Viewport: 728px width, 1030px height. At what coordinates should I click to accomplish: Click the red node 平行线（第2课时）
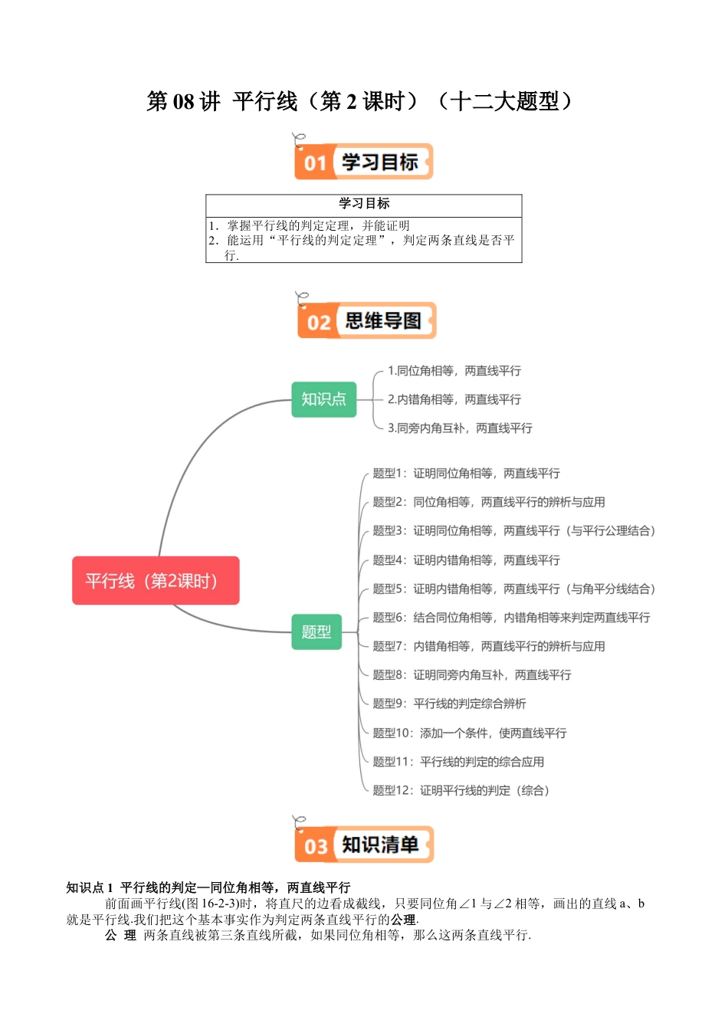(156, 581)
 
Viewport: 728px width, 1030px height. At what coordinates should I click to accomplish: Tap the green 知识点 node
(323, 399)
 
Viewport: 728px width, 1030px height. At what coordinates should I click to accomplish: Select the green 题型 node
(316, 631)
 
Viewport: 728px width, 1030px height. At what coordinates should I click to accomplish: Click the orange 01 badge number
(315, 163)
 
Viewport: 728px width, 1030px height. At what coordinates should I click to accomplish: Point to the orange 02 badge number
(318, 323)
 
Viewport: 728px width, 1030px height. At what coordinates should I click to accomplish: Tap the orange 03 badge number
(316, 847)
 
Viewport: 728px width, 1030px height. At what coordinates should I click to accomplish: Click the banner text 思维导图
(383, 321)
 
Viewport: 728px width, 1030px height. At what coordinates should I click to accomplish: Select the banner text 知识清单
(380, 845)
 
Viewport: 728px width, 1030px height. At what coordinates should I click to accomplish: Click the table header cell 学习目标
(364, 204)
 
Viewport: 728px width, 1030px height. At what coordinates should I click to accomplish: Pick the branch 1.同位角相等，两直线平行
(454, 371)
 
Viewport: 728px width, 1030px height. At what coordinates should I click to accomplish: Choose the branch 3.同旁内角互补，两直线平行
(460, 428)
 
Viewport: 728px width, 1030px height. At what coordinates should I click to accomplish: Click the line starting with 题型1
(466, 474)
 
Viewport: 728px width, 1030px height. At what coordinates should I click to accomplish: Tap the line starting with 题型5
(513, 589)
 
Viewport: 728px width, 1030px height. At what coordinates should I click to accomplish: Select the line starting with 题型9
(449, 704)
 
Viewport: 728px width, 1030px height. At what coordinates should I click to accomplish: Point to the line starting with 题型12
(461, 791)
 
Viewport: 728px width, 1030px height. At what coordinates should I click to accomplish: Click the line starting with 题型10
(469, 733)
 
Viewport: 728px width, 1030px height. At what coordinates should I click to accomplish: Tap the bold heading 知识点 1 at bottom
(90, 887)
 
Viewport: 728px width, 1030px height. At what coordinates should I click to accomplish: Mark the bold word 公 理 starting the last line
(120, 936)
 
